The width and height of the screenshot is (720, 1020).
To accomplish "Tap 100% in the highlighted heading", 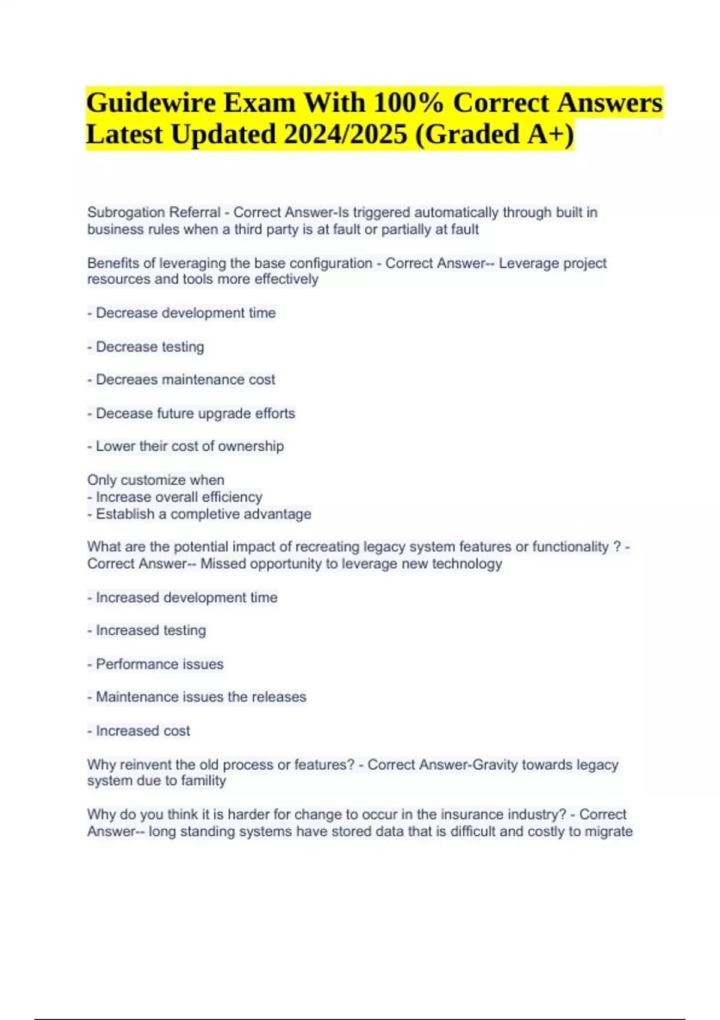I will (x=408, y=103).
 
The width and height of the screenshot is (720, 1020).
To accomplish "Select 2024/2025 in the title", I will (x=345, y=134).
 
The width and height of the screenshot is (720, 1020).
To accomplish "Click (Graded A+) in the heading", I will (x=494, y=134).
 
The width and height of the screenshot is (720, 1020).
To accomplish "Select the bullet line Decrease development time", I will (x=185, y=313).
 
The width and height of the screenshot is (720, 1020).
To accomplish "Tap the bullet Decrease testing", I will (x=149, y=347).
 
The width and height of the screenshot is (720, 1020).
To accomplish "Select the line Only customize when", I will (x=155, y=480).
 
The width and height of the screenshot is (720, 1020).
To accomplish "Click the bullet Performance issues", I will (x=159, y=664).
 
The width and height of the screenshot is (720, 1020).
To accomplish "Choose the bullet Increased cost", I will (x=143, y=731).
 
